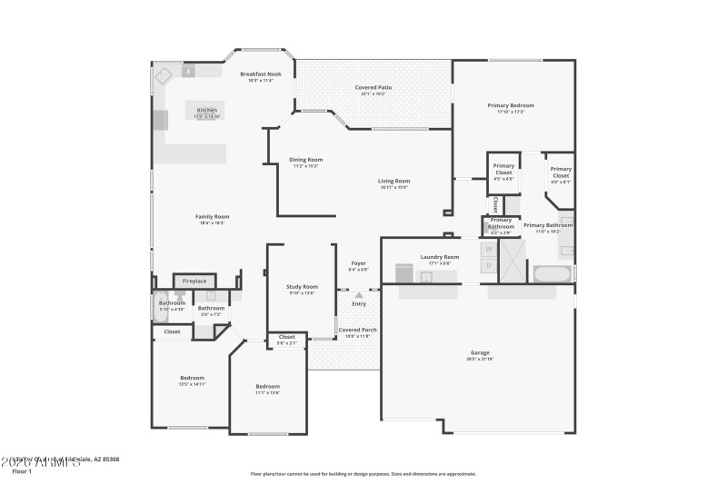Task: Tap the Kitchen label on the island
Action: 207,110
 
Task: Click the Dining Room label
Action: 305,160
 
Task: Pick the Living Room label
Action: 393,181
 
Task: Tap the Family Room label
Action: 212,216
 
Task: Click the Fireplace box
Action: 194,282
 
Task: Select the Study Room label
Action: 303,287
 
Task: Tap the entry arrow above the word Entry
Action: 359,294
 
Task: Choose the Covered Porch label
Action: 358,330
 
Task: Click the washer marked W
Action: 488,248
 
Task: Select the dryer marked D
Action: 488,265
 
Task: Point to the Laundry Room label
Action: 439,257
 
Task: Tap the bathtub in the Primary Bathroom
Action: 553,273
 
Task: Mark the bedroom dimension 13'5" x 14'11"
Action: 192,384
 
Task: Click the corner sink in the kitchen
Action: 164,74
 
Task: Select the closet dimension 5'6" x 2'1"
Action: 286,342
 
